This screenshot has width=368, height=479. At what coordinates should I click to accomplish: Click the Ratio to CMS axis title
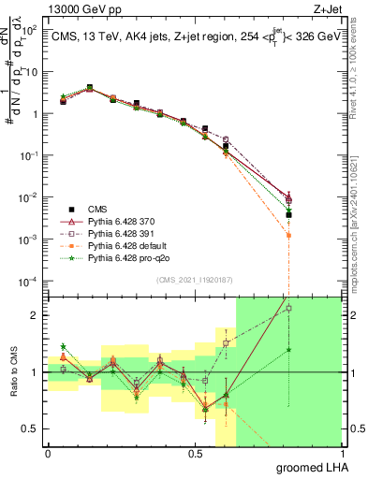[x=12, y=372]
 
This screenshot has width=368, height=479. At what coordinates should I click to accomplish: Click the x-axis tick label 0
[x=48, y=453]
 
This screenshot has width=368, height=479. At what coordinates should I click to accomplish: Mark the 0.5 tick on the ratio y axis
[x=32, y=428]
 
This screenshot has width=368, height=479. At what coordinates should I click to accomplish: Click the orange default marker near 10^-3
[x=289, y=236]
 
